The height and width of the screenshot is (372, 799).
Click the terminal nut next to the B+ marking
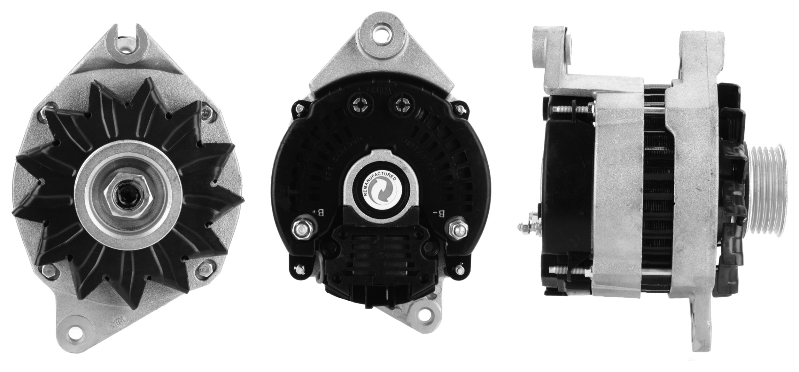[301, 229]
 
